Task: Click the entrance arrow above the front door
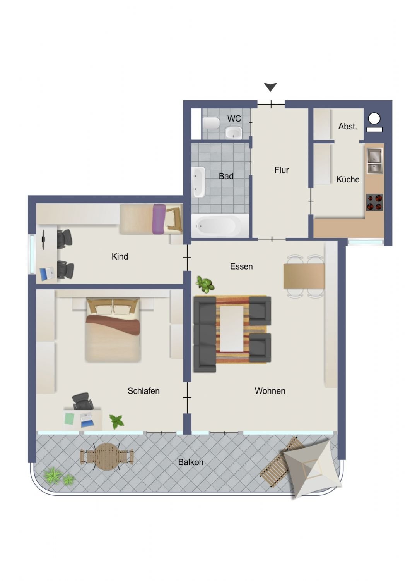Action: tap(270, 87)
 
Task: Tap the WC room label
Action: tap(234, 119)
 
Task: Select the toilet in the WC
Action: tap(211, 123)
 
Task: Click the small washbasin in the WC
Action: tap(233, 132)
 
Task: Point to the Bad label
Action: tap(226, 176)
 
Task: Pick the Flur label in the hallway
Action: tap(282, 170)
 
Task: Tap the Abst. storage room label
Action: tap(348, 126)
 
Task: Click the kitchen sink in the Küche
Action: tap(374, 161)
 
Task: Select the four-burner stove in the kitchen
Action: tap(374, 202)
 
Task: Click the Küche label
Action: tap(348, 179)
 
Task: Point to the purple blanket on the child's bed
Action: tap(159, 219)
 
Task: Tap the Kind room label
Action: tap(120, 256)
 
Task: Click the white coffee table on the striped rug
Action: tap(232, 328)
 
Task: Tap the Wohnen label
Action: tap(270, 391)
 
